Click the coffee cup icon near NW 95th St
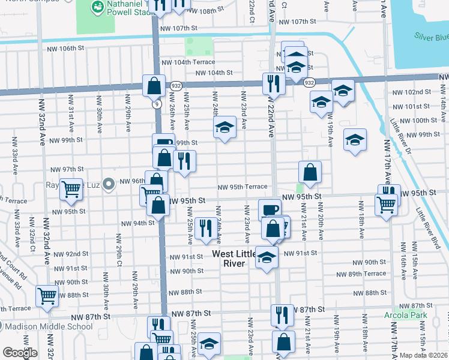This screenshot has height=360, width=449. (270, 209)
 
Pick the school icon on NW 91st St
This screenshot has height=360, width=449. (267, 256)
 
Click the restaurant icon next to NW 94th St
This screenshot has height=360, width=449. (205, 228)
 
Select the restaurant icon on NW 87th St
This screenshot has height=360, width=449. (282, 314)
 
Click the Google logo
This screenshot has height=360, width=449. (20, 353)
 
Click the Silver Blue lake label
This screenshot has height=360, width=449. (430, 37)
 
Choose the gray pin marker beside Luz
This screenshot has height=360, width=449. (108, 184)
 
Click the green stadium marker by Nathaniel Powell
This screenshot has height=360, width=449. (95, 7)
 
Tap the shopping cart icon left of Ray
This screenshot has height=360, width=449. (71, 190)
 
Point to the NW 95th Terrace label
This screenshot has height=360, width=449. (242, 187)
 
